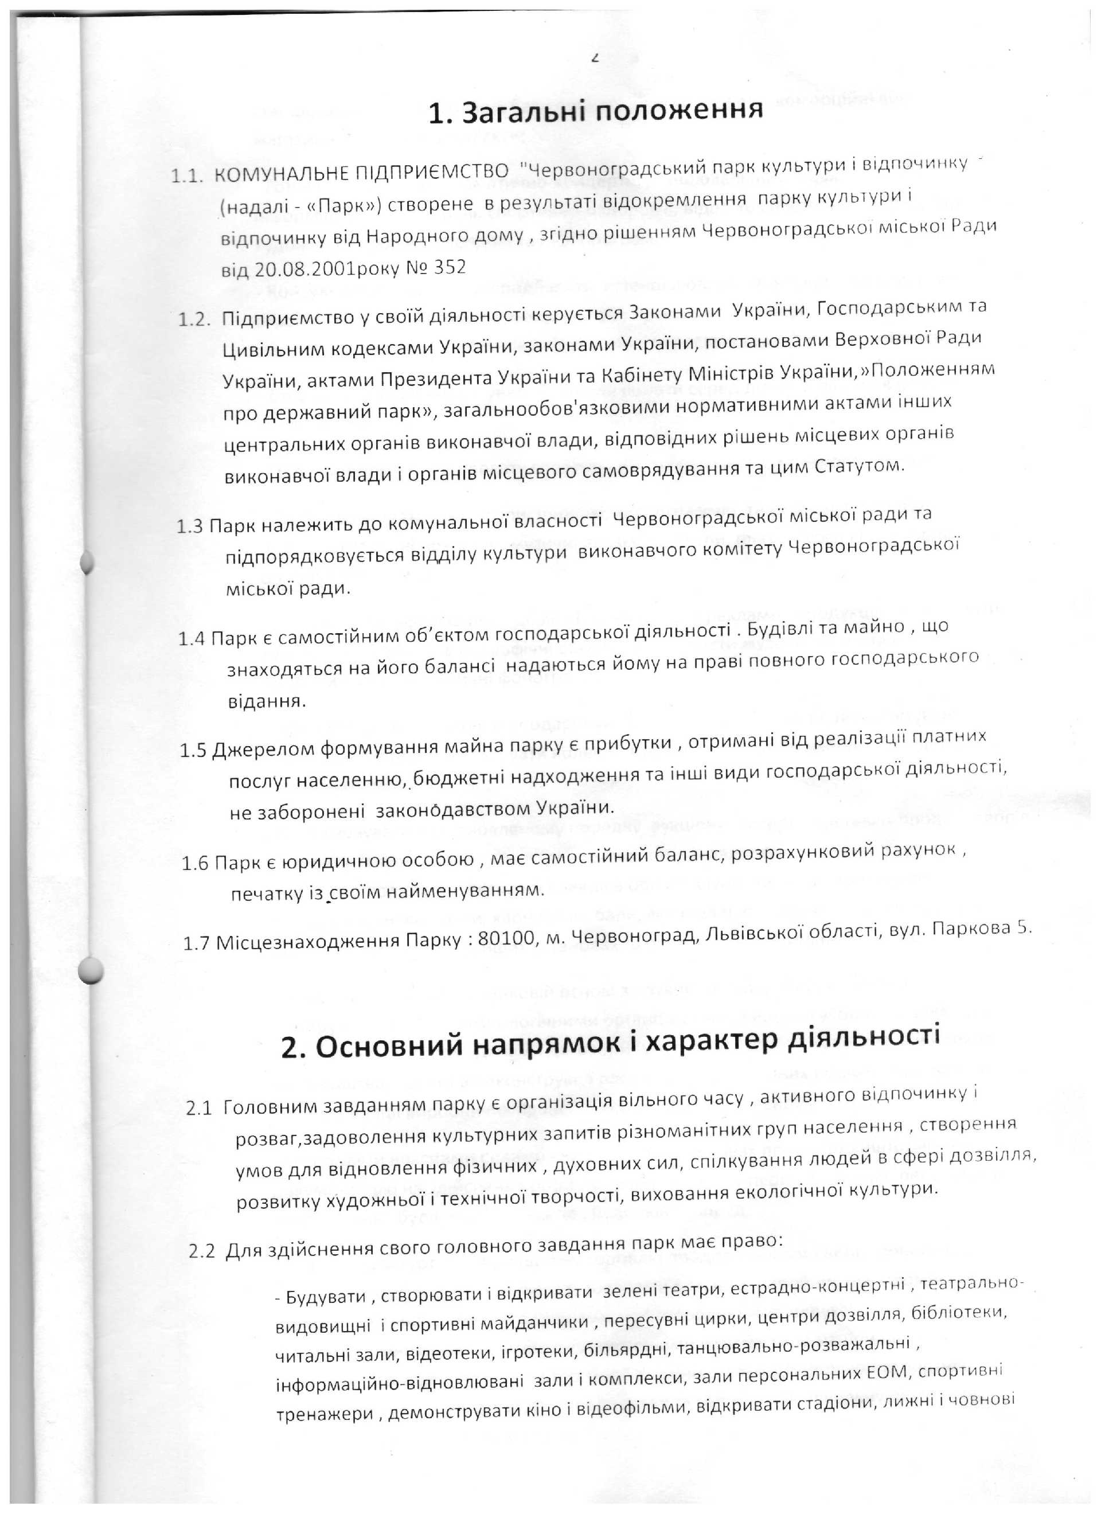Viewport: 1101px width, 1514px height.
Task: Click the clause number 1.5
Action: pyautogui.click(x=193, y=750)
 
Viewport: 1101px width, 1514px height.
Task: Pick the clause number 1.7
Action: pyautogui.click(x=197, y=944)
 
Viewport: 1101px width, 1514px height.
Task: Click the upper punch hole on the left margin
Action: pyautogui.click(x=88, y=562)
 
